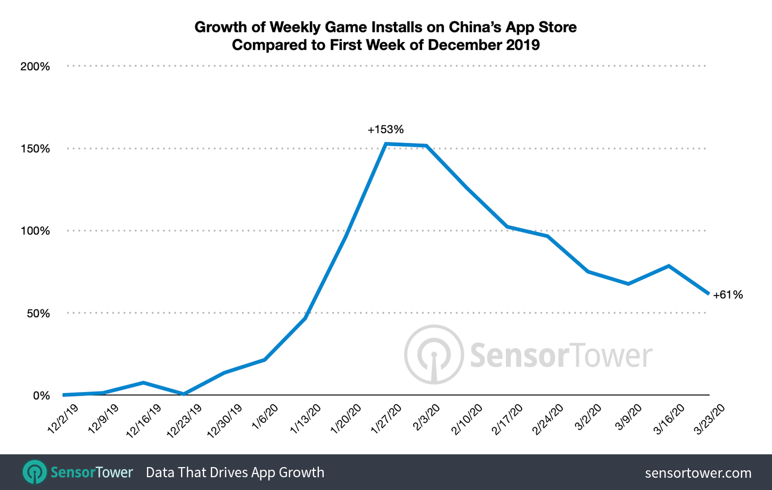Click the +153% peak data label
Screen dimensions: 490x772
(385, 129)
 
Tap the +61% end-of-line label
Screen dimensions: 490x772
(728, 295)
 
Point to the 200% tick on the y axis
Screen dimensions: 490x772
(35, 67)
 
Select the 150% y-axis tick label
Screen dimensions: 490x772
(35, 149)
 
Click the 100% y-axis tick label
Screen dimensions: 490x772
(35, 231)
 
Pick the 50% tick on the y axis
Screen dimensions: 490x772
(38, 313)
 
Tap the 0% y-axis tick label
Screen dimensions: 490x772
(42, 396)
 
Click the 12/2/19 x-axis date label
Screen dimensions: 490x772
(63, 419)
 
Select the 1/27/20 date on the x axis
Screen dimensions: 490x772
(387, 419)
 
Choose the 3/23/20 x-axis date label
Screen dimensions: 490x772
(710, 419)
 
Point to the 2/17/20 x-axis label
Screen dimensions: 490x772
(507, 419)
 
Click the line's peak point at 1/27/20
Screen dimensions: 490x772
(385, 144)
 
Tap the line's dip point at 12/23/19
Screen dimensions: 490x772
(184, 394)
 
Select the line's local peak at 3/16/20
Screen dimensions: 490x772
(668, 266)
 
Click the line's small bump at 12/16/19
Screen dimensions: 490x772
(143, 382)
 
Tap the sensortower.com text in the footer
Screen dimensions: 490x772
(698, 472)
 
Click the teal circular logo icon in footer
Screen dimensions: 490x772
(35, 472)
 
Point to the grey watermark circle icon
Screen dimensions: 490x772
(433, 354)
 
